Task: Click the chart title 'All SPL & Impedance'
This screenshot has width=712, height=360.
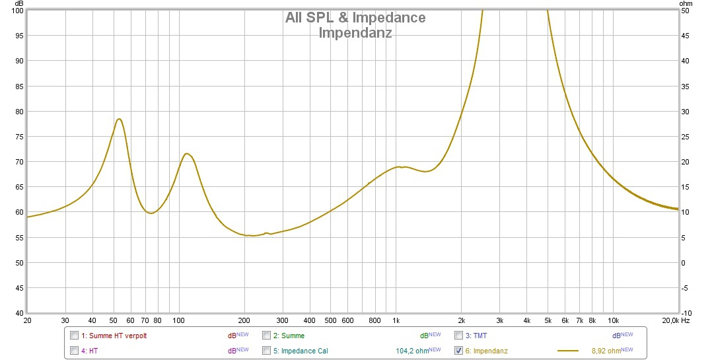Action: (355, 18)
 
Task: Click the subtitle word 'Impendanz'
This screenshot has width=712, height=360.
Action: (355, 32)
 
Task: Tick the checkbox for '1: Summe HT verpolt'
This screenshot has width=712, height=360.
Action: (74, 336)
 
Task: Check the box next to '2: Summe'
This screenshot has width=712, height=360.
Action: (267, 336)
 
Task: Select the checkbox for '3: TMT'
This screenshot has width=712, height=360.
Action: (458, 336)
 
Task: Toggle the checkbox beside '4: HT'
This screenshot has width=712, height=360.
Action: (74, 350)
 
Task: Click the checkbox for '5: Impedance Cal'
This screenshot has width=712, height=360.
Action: (267, 350)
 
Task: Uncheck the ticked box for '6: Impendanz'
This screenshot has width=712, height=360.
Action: (458, 350)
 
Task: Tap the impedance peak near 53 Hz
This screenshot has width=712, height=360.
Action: (119, 119)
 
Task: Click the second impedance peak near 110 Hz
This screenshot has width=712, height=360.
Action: (187, 154)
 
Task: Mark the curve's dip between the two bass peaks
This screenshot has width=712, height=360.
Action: (151, 213)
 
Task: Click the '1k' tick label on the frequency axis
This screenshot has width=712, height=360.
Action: (396, 320)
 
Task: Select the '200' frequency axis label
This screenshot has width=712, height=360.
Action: (245, 320)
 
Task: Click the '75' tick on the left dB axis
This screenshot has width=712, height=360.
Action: (20, 137)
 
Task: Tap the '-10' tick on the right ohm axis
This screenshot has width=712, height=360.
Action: (686, 313)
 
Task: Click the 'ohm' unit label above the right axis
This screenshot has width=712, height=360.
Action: (685, 3)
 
